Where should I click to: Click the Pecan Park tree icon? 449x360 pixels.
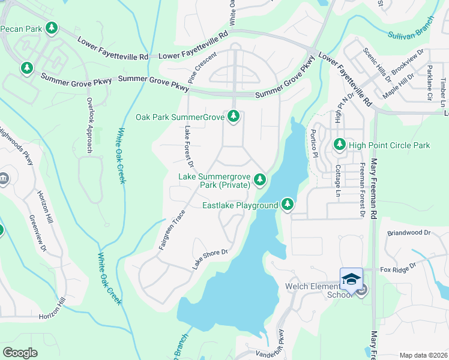coord(52,28)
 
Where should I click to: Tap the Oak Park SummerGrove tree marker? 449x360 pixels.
coord(234,116)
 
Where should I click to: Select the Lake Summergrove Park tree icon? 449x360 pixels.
coord(259,179)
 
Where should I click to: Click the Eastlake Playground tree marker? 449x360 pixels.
coord(288,205)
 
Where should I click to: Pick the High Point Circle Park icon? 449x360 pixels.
coord(340,145)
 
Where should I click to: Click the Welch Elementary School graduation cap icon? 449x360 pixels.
coord(351,280)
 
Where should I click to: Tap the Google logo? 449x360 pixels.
coord(20,353)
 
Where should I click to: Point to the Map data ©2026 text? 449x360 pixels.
coord(423,355)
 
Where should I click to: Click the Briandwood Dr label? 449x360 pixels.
coord(409,232)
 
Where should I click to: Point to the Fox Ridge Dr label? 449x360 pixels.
coord(398,268)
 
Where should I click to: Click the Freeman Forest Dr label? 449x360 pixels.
coord(362,189)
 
